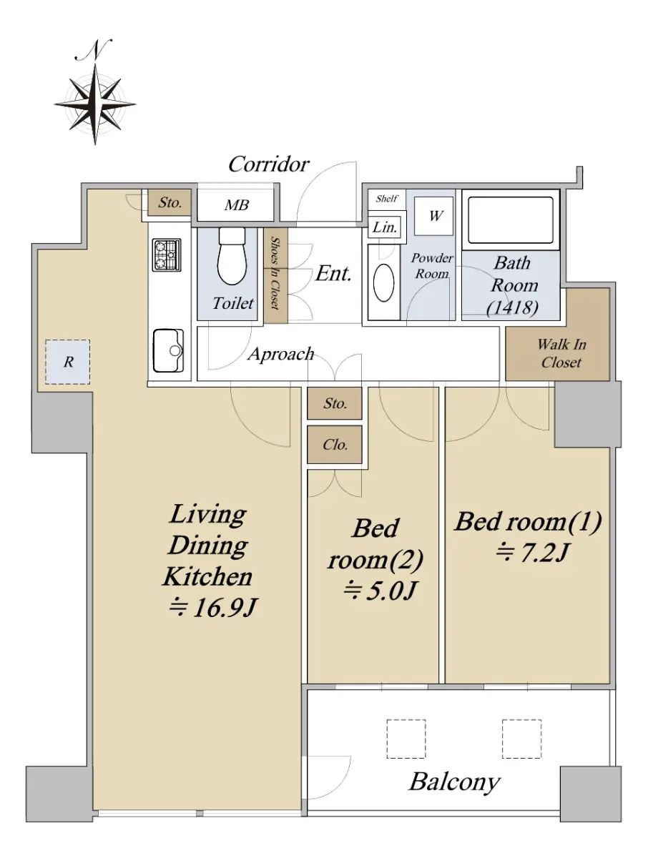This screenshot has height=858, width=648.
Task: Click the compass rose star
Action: coord(95,104)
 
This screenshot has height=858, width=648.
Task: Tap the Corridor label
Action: coord(268,164)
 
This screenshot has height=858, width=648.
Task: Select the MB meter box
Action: coord(236,204)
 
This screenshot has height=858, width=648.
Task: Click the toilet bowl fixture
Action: coord(232,256)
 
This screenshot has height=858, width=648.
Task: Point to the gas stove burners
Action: coord(167,255)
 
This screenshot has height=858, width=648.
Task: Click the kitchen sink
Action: coord(169,350)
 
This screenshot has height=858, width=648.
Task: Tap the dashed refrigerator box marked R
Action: coord(68,362)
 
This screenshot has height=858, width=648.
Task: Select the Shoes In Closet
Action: coord(275,275)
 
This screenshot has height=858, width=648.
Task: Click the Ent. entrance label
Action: coord(333,274)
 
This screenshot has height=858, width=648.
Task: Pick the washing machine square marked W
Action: coord(434,216)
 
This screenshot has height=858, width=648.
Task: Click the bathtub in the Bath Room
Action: coord(511,220)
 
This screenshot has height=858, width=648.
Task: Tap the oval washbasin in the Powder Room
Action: coord(383,283)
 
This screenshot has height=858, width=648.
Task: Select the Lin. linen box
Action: coord(385,227)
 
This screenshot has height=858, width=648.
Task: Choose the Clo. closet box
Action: coord(335,445)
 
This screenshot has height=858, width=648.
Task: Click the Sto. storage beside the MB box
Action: coord(170,202)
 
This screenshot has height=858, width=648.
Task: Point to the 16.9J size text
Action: coord(212,608)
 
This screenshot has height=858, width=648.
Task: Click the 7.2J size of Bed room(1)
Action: coord(531,553)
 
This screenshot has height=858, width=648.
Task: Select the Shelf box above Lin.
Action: coord(386,199)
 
